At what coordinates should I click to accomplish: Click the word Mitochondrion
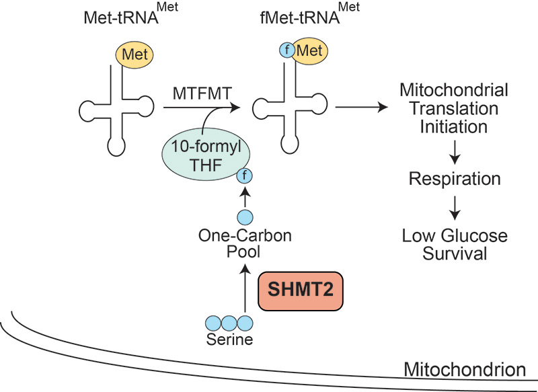(x=464, y=369)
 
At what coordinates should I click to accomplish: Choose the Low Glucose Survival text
(x=455, y=245)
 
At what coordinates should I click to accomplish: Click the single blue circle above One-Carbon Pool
(x=245, y=217)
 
